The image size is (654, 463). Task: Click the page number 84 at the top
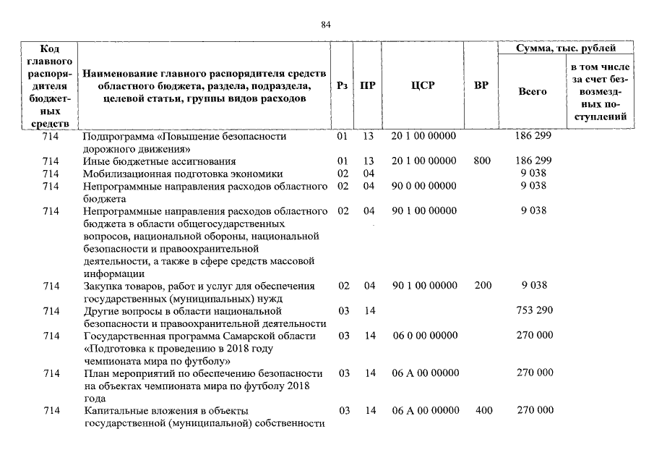pos(326,25)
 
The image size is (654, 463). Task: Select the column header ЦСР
pos(423,85)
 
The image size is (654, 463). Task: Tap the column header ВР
pos(481,85)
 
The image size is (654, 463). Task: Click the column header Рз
pos(343,85)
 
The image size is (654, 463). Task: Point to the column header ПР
pos(368,85)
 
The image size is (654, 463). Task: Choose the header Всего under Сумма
pos(533,92)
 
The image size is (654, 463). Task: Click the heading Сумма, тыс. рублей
pos(566,48)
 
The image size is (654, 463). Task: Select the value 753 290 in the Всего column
pos(534,310)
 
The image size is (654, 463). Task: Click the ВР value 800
pos(482,161)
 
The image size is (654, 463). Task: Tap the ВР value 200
pos(482,286)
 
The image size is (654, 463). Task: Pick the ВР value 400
pos(483,410)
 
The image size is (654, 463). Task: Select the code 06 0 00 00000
pos(424,336)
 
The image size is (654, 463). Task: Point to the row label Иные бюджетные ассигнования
pos(159,161)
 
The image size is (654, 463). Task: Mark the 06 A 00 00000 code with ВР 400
pos(425,410)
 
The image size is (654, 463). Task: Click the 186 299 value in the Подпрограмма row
pos(534,136)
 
